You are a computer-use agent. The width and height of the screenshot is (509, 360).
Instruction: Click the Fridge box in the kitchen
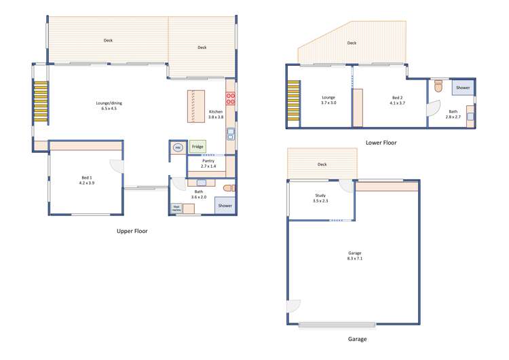click(x=197, y=147)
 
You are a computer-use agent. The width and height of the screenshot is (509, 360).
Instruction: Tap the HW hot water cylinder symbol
click(x=178, y=147)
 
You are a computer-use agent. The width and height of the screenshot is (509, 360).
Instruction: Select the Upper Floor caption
click(x=132, y=232)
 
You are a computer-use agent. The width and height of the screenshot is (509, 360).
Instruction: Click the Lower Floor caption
click(x=381, y=143)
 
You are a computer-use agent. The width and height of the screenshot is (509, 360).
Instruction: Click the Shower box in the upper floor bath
click(x=224, y=206)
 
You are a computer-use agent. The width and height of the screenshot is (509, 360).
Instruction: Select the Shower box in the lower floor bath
click(x=463, y=88)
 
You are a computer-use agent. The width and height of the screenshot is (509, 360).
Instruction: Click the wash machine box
click(x=176, y=208)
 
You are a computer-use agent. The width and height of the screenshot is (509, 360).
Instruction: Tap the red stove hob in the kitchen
click(x=230, y=97)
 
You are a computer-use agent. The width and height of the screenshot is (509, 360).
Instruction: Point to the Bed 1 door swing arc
click(x=117, y=166)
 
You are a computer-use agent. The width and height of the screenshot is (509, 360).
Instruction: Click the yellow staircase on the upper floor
click(x=41, y=102)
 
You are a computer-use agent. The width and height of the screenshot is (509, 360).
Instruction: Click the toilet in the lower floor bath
click(x=438, y=86)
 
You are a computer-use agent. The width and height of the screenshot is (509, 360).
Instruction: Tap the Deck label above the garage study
click(x=322, y=164)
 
